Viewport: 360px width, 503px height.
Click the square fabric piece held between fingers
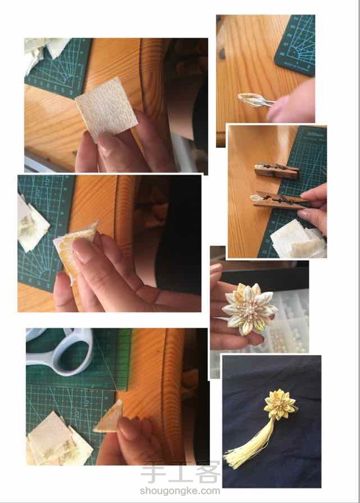(106, 109)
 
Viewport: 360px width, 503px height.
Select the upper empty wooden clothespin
(277, 170)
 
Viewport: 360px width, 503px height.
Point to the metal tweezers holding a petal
(257, 100)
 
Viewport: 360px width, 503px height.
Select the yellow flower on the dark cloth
(280, 404)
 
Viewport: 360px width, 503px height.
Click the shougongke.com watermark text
(180, 491)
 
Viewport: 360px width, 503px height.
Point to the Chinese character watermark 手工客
(181, 472)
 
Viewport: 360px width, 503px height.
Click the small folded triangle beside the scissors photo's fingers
(109, 417)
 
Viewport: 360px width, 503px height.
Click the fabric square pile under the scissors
(59, 440)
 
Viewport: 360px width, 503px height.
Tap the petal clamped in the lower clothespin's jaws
(257, 199)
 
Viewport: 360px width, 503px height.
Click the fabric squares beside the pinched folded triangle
(32, 224)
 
